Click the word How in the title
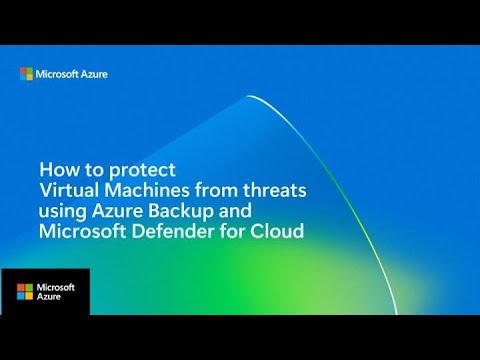pyautogui.click(x=56, y=169)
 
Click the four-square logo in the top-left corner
pyautogui.click(x=28, y=73)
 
